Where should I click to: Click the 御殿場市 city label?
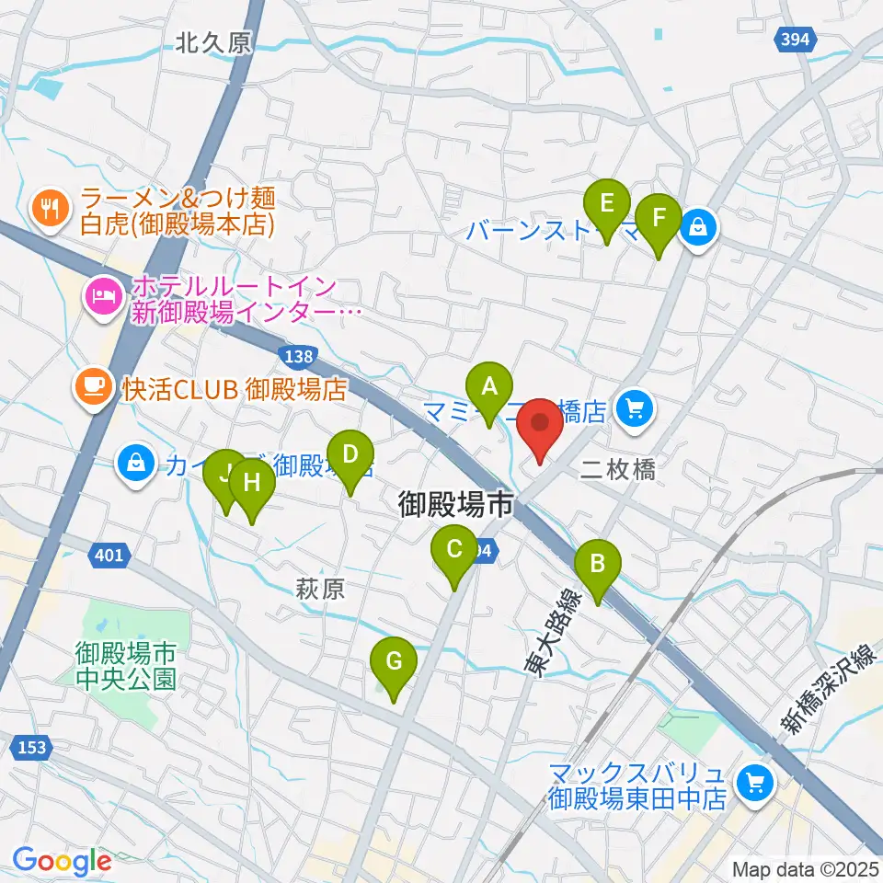454,504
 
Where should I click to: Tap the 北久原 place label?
213,42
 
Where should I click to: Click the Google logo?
62,861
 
